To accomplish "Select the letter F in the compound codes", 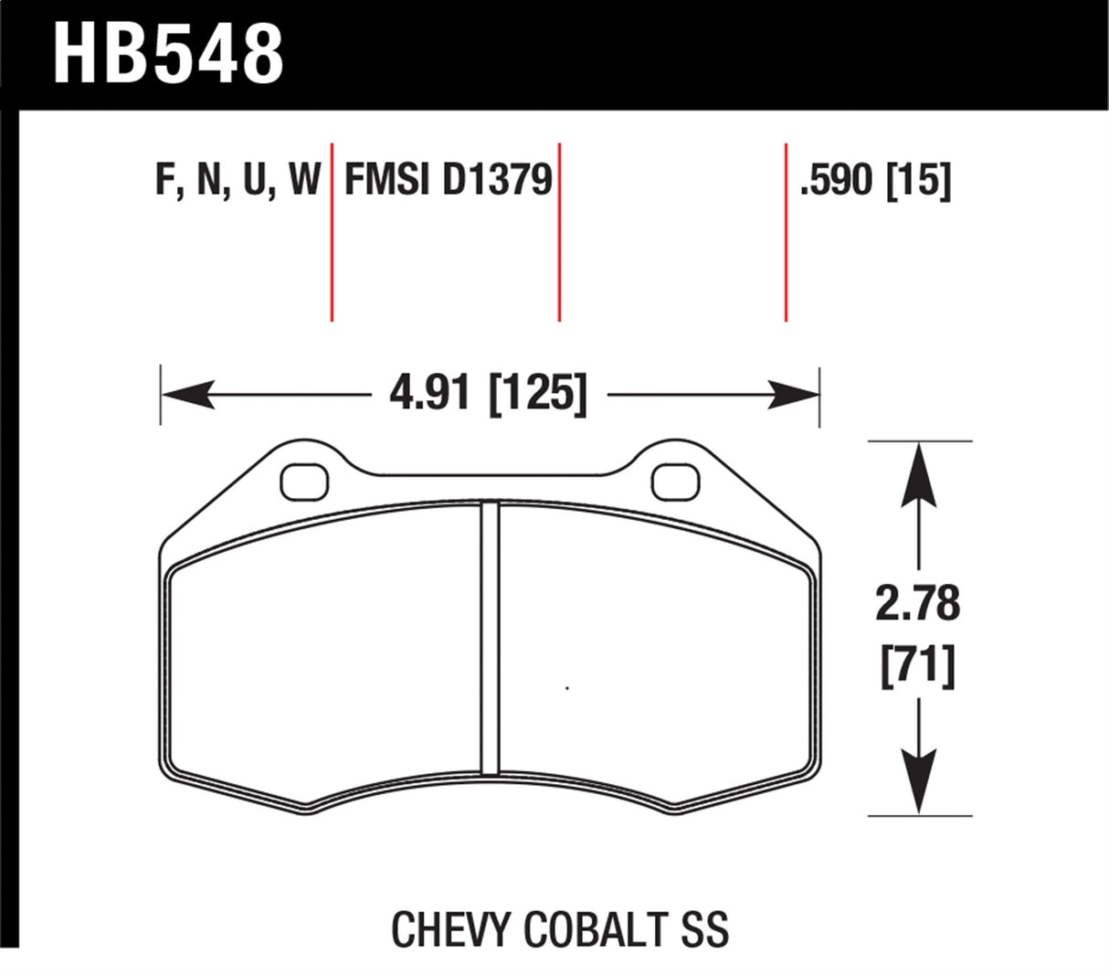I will pyautogui.click(x=165, y=179).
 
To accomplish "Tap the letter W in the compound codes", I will pyautogui.click(x=303, y=179).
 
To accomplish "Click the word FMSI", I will pyautogui.click(x=386, y=179).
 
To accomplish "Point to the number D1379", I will pyautogui.click(x=498, y=179).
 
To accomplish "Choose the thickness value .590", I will pyautogui.click(x=837, y=180).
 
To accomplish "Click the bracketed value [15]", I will pyautogui.click(x=919, y=180).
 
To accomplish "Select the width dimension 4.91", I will pyautogui.click(x=429, y=395).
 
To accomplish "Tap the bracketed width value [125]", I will pyautogui.click(x=538, y=395).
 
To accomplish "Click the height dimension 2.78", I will pyautogui.click(x=918, y=604).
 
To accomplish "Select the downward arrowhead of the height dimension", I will pyautogui.click(x=919, y=781).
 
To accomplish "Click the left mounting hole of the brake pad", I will pyautogui.click(x=304, y=482).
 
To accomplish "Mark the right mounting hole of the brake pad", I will pyautogui.click(x=676, y=482).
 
